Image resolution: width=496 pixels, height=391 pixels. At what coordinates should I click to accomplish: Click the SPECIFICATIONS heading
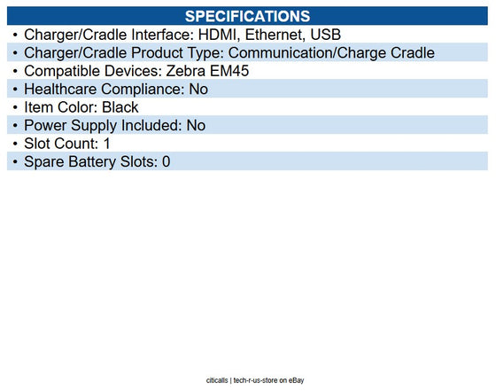(247, 16)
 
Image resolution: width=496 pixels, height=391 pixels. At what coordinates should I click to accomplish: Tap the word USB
(327, 35)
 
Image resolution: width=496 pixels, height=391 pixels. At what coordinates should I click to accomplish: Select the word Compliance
(146, 90)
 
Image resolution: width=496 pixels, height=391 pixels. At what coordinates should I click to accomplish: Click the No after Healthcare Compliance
(198, 90)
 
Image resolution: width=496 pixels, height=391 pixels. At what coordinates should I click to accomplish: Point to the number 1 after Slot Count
(106, 144)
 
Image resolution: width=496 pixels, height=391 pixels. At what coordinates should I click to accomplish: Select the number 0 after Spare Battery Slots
(166, 162)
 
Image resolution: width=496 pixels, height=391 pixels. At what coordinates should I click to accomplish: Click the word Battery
(93, 162)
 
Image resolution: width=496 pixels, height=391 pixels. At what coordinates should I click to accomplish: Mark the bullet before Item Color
(14, 107)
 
